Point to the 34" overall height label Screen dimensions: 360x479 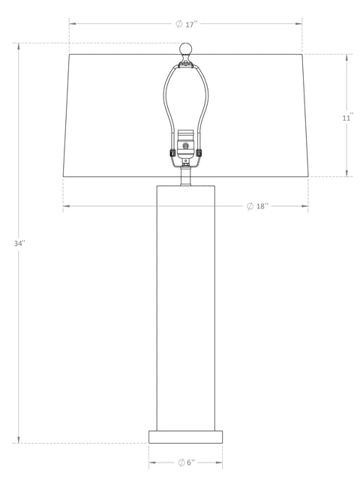click(x=19, y=244)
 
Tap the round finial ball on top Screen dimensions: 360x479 click(x=185, y=49)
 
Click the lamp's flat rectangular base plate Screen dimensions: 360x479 click(x=185, y=437)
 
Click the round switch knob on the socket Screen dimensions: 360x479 click(x=185, y=145)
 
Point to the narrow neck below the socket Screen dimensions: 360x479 click(x=185, y=177)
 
